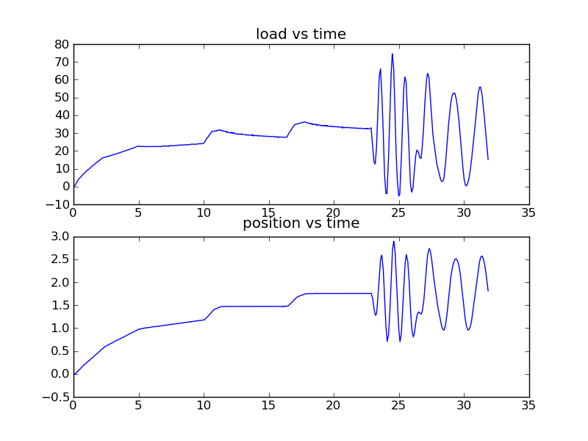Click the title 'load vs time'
(301, 35)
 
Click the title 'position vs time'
(301, 223)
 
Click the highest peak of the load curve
(392, 54)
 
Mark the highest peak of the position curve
(394, 241)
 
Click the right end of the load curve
(488, 159)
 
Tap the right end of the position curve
(488, 290)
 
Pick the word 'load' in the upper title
(268, 35)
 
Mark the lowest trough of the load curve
(399, 196)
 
